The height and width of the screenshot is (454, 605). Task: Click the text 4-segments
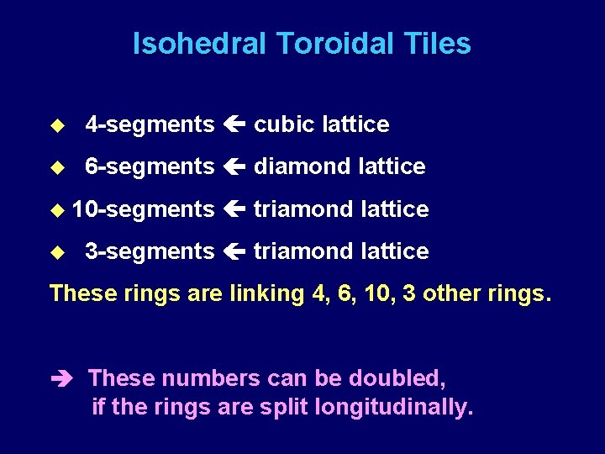[150, 124]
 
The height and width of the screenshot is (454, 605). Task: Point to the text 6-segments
[150, 166]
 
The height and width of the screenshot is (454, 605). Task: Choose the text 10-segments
[143, 209]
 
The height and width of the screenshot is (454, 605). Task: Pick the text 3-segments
[150, 251]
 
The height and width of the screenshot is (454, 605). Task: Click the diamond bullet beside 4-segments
[57, 125]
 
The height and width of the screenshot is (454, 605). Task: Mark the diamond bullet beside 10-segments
[57, 209]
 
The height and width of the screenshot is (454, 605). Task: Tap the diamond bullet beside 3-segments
[57, 251]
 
